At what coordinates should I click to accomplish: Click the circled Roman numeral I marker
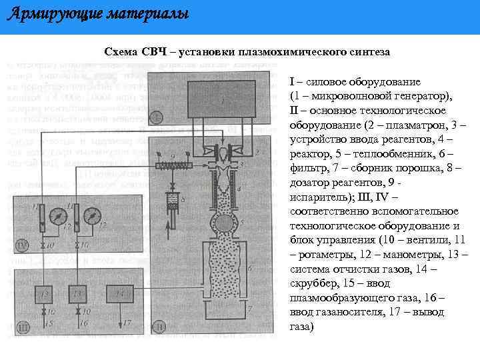coord(156,117)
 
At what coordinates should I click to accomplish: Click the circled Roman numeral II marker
coord(159,326)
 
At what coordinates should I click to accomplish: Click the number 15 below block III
coord(49,323)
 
